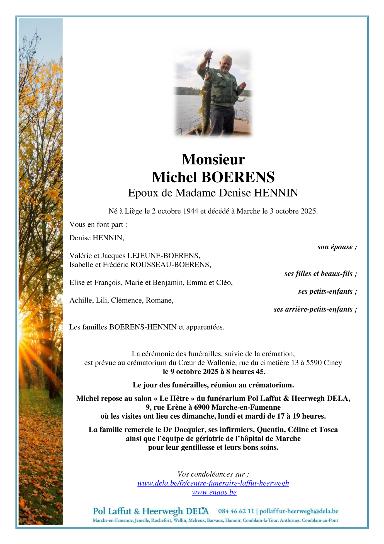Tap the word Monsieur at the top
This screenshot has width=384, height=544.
point(213,159)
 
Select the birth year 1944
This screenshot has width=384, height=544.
point(190,211)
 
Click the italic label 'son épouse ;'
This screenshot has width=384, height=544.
point(337,247)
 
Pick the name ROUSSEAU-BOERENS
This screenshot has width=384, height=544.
point(171,265)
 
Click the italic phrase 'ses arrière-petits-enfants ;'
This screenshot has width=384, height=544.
point(315,309)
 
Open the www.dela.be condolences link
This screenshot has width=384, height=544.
point(213,483)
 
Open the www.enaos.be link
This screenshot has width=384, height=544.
point(214,492)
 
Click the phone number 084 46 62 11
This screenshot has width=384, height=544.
point(236,511)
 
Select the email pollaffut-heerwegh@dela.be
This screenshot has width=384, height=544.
point(299,511)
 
